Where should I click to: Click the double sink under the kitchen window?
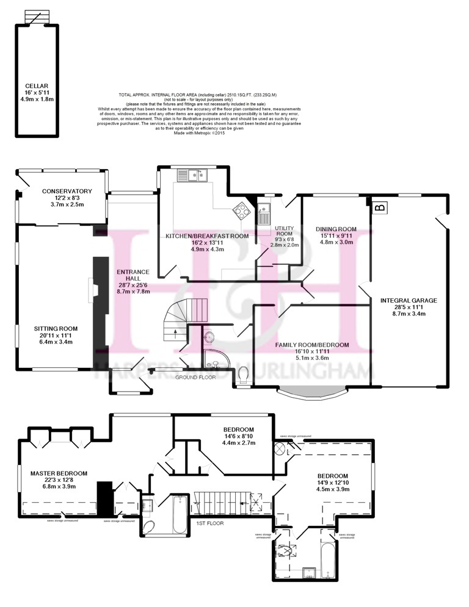pos(193,175)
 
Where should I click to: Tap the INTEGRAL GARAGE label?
pos(409,300)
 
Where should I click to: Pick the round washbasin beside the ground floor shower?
pos(209,337)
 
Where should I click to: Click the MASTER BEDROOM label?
pos(59,473)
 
